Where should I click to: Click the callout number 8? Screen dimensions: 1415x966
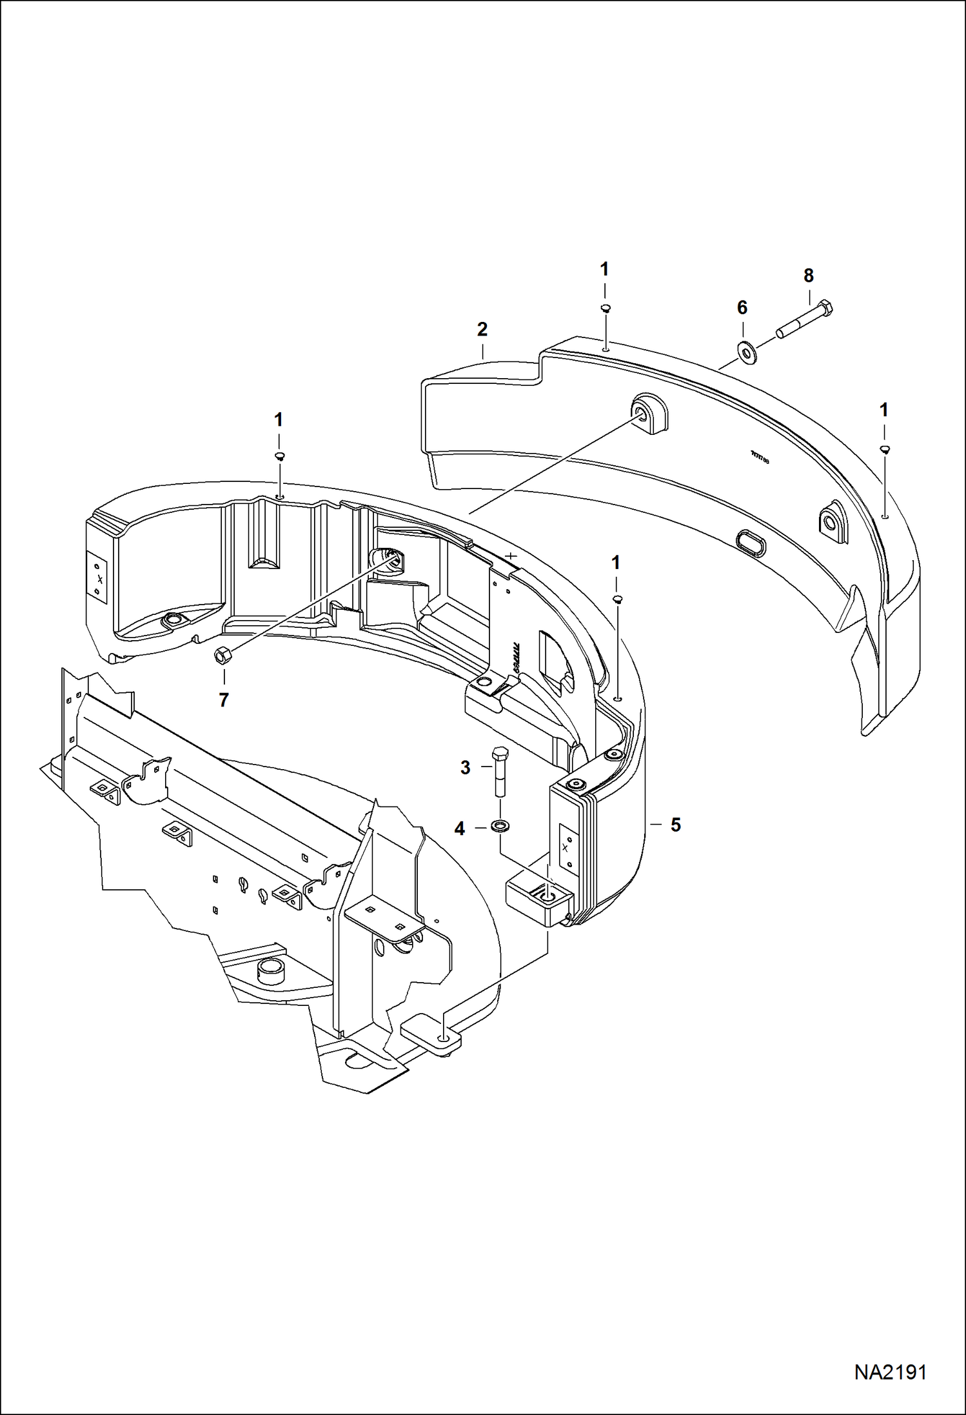pos(809,276)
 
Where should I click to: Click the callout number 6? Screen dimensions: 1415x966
pos(742,308)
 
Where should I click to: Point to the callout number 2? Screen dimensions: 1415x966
pos(482,329)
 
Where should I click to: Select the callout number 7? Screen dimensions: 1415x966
pos(223,700)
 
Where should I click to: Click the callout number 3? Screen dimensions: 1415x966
pos(466,768)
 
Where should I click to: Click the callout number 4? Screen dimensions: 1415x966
pos(459,828)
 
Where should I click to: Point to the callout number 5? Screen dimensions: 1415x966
pos(675,825)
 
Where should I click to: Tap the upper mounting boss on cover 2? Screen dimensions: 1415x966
pos(649,414)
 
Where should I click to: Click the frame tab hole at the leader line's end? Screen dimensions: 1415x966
pos(444,1036)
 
